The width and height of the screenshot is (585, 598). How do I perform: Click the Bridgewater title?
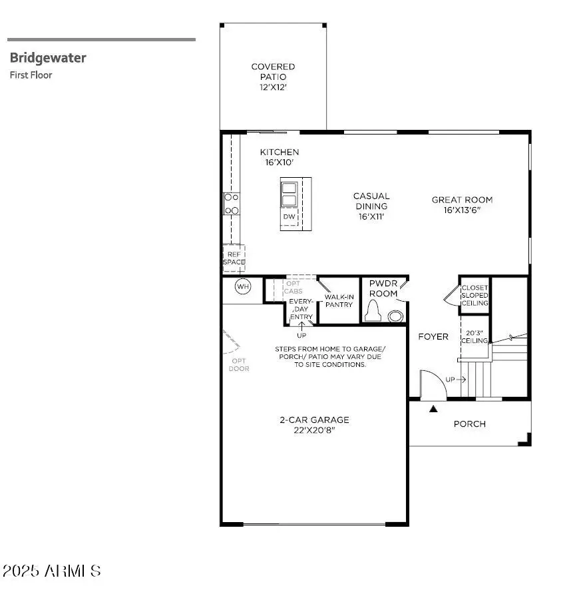48,58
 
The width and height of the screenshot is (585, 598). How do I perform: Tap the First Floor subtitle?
31,75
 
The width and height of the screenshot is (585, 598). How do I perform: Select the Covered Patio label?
273,77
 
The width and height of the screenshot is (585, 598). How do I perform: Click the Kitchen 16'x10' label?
279,157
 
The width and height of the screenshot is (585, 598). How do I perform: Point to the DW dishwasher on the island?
290,216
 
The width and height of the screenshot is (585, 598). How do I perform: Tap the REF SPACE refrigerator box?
234,258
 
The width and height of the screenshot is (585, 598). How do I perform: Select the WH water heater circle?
243,287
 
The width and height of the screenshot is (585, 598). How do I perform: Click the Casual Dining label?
371,206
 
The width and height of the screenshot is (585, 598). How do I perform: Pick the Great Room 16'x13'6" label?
462,204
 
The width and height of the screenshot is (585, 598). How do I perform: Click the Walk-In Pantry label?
338,300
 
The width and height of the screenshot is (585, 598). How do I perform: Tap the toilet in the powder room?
373,310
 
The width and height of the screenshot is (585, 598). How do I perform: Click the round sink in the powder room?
397,316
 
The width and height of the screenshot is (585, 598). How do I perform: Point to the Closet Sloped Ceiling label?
475,295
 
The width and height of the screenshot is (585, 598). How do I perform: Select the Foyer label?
433,337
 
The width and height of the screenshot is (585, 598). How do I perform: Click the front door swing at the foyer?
430,384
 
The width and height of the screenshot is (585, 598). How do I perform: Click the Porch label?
470,424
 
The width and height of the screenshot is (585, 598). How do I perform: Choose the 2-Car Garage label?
314,425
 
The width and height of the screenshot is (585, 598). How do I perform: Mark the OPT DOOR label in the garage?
239,365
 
